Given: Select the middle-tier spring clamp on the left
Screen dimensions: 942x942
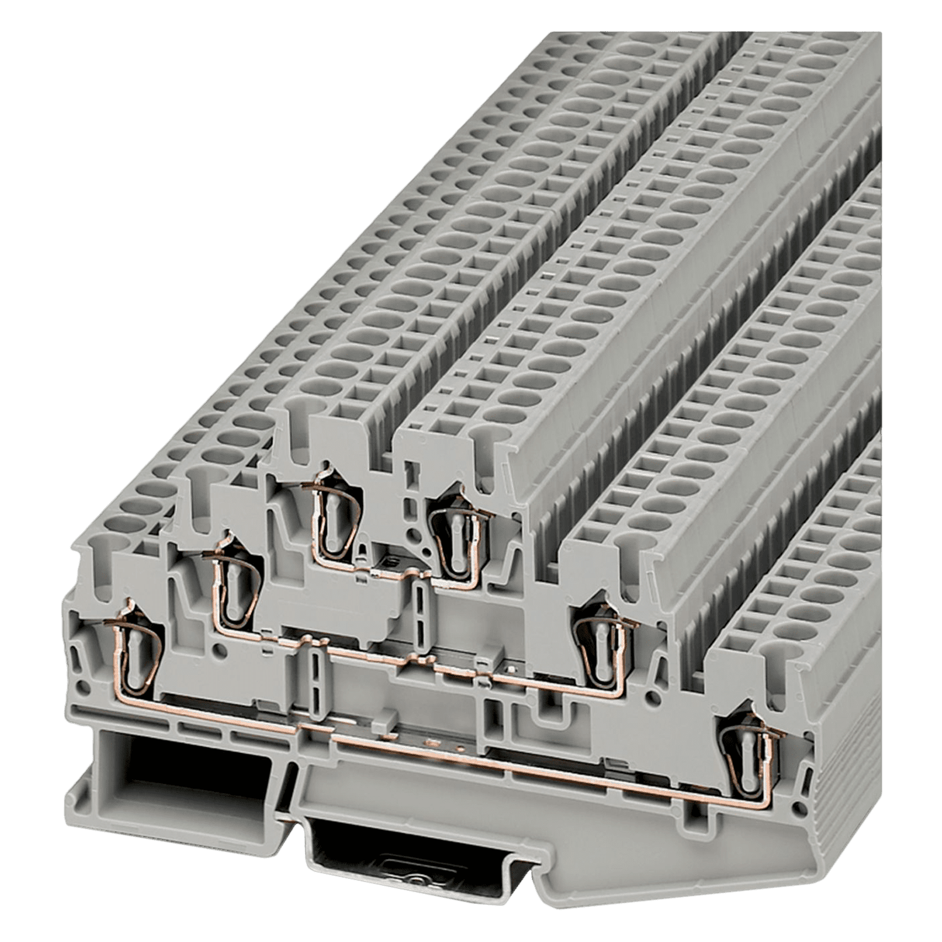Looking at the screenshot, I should (232, 589).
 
